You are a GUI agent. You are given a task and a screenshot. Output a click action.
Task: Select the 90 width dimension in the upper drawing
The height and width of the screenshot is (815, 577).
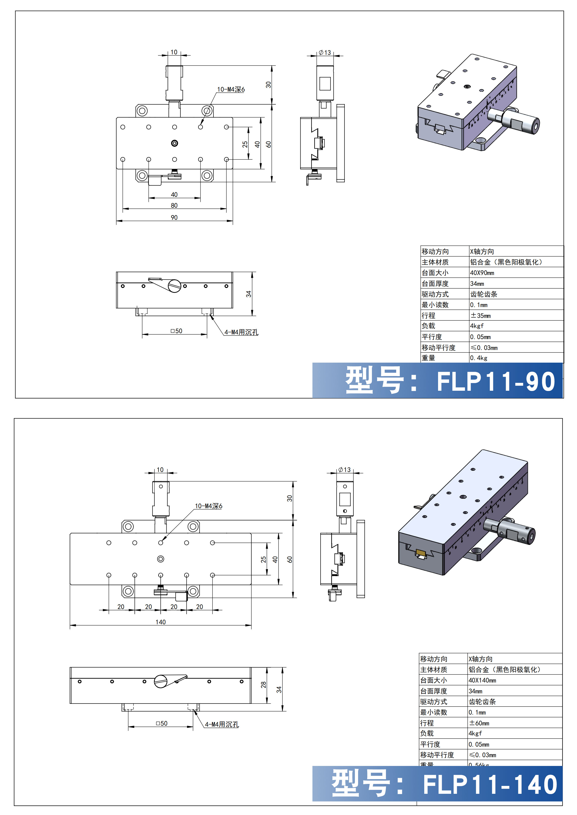(174, 217)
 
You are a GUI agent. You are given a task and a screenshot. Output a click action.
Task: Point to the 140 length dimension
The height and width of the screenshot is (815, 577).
(161, 622)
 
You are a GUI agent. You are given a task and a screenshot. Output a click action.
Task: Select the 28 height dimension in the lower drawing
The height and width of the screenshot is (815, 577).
(263, 685)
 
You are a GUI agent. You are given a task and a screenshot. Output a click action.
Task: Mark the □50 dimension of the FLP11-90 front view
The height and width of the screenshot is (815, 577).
(176, 331)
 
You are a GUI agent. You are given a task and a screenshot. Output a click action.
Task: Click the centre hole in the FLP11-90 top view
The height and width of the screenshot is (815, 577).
(174, 143)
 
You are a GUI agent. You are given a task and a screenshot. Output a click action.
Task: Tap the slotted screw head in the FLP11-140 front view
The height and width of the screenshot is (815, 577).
(161, 681)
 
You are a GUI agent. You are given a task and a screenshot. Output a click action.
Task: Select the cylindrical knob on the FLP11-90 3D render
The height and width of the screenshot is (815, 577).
(522, 123)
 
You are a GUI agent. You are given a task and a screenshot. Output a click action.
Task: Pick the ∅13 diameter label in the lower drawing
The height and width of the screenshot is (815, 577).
(344, 470)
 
